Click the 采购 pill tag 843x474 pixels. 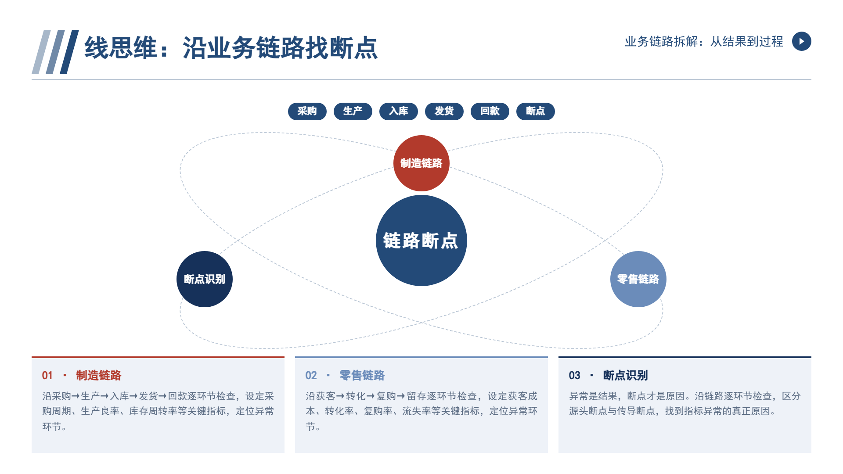coord(307,111)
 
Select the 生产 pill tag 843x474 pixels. coord(353,111)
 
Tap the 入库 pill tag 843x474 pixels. coord(399,111)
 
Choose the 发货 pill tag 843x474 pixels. coord(444,111)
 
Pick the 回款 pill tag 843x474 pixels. coord(490,111)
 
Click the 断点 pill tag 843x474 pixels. coord(536,111)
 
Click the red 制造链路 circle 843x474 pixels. coord(421,163)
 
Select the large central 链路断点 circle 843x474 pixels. coord(421,241)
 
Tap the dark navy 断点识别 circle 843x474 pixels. coord(205,279)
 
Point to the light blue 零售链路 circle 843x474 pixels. coord(638,279)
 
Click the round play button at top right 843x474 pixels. coord(802,41)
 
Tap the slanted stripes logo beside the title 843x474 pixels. coord(55,52)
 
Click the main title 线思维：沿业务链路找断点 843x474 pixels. coord(231,48)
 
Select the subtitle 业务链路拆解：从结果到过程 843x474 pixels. coord(704,41)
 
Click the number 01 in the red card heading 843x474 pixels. coord(47,376)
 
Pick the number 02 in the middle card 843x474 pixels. coord(311,376)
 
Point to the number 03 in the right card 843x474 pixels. coord(574,376)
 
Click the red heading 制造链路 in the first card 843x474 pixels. coord(98,376)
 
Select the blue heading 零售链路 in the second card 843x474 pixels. coord(362,376)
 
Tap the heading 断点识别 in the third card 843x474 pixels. coord(625,376)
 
